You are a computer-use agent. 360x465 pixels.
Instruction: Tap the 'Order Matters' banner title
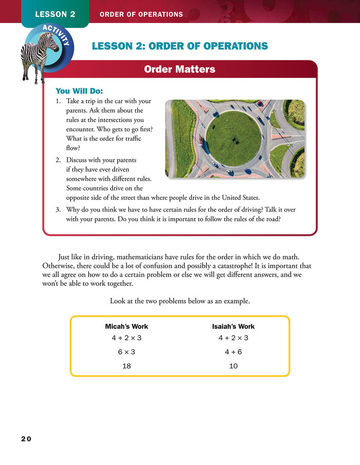[x=179, y=69]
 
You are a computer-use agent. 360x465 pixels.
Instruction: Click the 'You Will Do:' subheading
[x=79, y=91]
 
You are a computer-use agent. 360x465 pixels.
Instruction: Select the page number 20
[x=26, y=439]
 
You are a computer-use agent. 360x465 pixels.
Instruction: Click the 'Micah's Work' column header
[x=126, y=326]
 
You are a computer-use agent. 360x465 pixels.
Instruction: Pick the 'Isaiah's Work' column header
[x=233, y=326]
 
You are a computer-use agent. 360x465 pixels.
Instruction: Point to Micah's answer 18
[x=126, y=366]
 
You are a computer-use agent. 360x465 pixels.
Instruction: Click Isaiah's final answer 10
[x=233, y=366]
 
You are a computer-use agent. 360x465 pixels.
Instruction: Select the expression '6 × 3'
[x=126, y=352]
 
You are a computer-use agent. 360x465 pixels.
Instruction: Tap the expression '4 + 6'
[x=233, y=352]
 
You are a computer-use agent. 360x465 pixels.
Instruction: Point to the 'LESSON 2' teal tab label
[x=55, y=14]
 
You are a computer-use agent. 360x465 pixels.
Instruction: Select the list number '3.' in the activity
[x=59, y=210]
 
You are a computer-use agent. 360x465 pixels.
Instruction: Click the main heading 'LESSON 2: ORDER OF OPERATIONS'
[x=179, y=46]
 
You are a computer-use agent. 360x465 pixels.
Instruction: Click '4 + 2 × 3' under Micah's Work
[x=126, y=338]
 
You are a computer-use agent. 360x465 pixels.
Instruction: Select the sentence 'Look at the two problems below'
[x=180, y=301]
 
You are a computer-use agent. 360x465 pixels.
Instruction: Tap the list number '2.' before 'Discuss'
[x=59, y=160]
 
